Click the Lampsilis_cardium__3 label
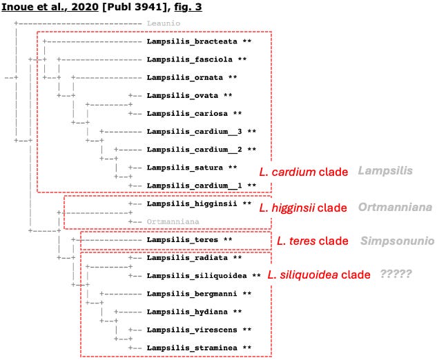(191, 131)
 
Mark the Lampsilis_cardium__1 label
(191, 185)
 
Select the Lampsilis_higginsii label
(189, 203)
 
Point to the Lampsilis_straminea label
(189, 348)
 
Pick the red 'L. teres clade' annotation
(312, 241)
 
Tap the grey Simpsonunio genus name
(397, 241)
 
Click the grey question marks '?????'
(396, 274)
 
